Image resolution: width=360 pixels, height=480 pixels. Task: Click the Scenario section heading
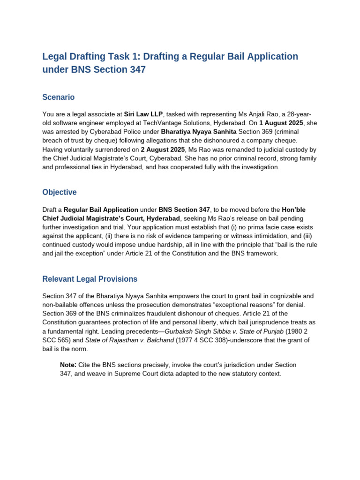pos(58,97)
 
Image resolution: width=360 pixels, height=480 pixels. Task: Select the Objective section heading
pos(59,192)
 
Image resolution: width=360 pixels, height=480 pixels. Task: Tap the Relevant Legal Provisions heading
pos(90,279)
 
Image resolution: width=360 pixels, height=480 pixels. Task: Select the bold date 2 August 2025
pos(162,150)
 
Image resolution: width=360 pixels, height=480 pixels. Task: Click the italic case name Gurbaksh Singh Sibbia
pos(202,331)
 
